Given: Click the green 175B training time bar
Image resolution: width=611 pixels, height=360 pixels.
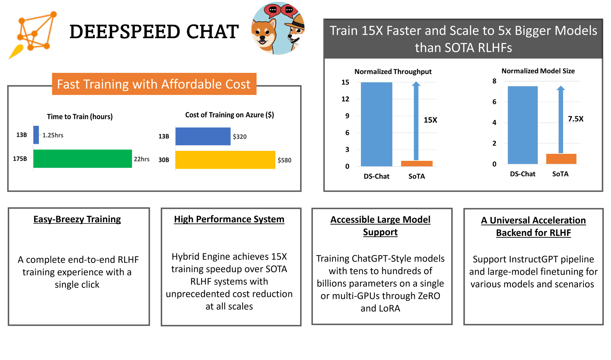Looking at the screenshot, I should [82, 159].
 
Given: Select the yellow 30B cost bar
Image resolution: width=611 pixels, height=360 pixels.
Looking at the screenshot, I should [225, 160].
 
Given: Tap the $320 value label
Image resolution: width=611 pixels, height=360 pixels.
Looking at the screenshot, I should [239, 137].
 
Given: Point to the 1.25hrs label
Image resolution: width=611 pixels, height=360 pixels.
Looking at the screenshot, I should [53, 135].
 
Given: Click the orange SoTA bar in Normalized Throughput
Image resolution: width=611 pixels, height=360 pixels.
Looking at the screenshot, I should [417, 164].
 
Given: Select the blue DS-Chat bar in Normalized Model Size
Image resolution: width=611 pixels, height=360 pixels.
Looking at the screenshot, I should [523, 125].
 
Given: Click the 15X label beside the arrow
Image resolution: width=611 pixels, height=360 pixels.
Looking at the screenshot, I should [430, 120].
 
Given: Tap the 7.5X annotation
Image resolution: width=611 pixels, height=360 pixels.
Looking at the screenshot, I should [575, 119].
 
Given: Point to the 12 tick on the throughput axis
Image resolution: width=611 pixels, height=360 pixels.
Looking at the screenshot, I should [345, 99].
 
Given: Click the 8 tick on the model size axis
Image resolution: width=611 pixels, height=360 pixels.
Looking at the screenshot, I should [494, 81].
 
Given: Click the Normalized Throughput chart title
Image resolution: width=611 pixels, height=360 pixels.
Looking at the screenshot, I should [393, 72].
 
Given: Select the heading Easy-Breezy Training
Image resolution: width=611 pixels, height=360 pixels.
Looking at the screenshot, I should [77, 219].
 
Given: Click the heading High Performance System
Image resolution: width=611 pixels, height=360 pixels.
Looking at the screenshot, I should [229, 219].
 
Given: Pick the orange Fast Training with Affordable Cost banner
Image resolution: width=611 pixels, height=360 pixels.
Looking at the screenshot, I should [154, 84].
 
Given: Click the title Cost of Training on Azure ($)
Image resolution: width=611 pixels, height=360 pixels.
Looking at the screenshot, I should [229, 115].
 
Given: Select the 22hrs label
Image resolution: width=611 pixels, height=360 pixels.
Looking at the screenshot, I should [141, 159].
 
